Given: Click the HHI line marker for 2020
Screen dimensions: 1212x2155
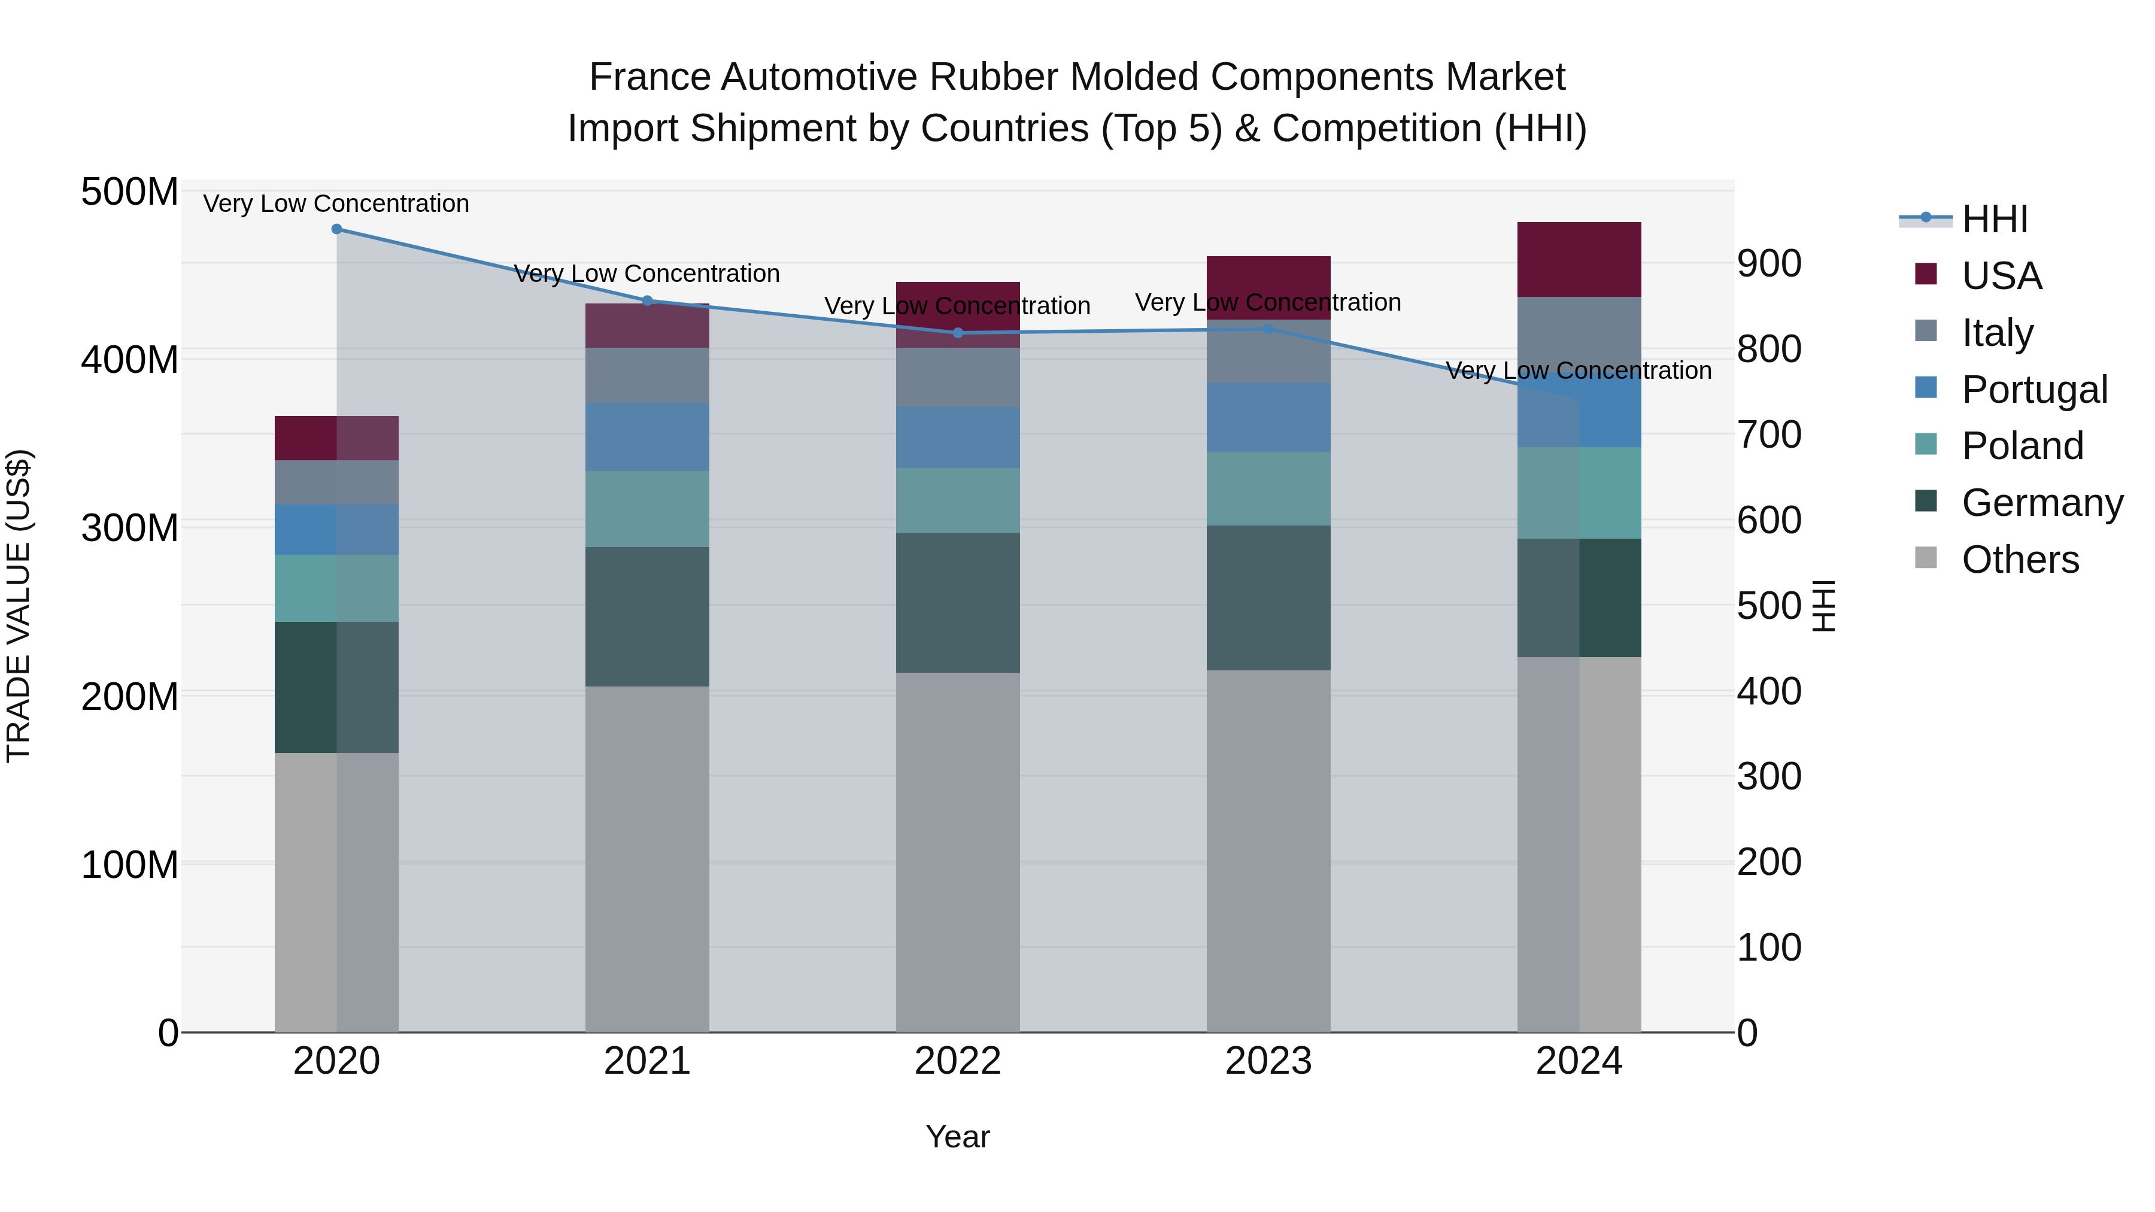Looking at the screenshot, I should click(x=336, y=229).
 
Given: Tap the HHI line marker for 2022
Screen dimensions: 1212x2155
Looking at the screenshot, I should click(x=958, y=333).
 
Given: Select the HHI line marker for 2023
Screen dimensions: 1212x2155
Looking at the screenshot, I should click(x=1268, y=330).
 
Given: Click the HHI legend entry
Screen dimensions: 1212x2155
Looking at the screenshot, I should click(x=1995, y=219).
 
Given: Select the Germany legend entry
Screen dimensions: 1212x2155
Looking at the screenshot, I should click(x=2041, y=503).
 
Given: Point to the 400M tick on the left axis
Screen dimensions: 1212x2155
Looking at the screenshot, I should click(x=130, y=360).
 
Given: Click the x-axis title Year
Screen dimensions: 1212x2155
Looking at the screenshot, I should click(x=958, y=1137).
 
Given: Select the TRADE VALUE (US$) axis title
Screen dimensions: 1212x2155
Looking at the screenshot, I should click(x=19, y=606).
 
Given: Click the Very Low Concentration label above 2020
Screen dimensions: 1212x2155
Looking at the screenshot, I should click(x=336, y=203).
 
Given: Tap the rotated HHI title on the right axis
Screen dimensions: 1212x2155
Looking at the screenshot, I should click(x=1824, y=606).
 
